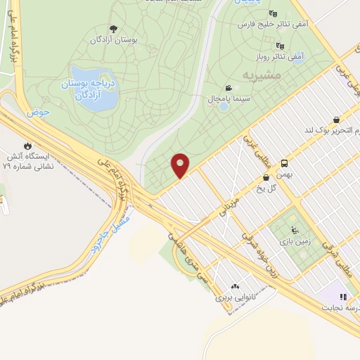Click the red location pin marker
coord(181,165)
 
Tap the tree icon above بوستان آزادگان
coord(113,29)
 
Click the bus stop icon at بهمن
coord(284,162)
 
